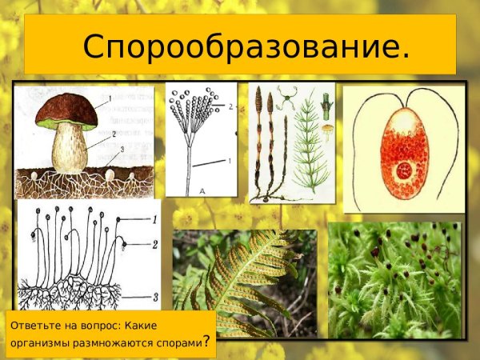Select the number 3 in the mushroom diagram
pos(122,150)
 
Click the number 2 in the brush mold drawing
pos(230,106)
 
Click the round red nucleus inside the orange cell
pos(405,170)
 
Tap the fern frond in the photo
pos(240,276)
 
